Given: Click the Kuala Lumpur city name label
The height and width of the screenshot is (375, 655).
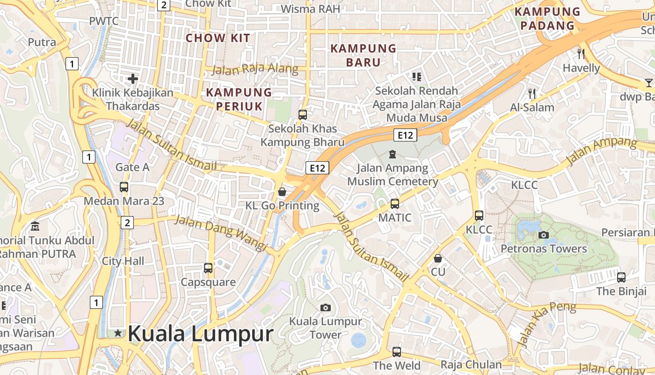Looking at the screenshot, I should (200, 334).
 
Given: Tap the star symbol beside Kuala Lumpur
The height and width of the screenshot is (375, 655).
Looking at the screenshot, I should (118, 333).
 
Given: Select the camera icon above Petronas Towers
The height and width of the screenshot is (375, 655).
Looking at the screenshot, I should (544, 235).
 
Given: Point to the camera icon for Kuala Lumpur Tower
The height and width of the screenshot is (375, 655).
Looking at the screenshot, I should (326, 307).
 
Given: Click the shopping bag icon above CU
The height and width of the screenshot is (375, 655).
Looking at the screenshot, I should (438, 258).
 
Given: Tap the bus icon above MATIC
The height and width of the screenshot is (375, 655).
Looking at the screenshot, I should (395, 204).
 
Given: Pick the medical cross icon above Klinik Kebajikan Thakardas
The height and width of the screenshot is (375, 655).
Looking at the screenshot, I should (133, 79).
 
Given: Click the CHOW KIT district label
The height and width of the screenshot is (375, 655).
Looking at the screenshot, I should (218, 38).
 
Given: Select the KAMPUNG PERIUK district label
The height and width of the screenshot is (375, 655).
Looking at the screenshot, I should (239, 99).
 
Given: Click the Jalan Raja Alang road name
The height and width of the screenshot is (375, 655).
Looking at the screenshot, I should (255, 69).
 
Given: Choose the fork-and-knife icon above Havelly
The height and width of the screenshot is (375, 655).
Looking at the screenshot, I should (581, 54).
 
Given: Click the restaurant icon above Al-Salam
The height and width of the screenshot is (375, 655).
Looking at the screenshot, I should (531, 93).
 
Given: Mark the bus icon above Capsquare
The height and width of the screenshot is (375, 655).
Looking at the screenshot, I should (208, 268).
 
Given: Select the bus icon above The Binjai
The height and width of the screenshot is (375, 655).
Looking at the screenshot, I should (621, 277).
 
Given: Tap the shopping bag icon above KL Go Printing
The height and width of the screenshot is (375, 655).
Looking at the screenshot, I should (282, 192).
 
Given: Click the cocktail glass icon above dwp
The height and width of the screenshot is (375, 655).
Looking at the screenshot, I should (648, 83).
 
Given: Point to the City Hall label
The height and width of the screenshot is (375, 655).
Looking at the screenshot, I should (123, 261).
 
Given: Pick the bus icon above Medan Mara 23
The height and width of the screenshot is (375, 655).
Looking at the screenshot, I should (124, 187).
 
